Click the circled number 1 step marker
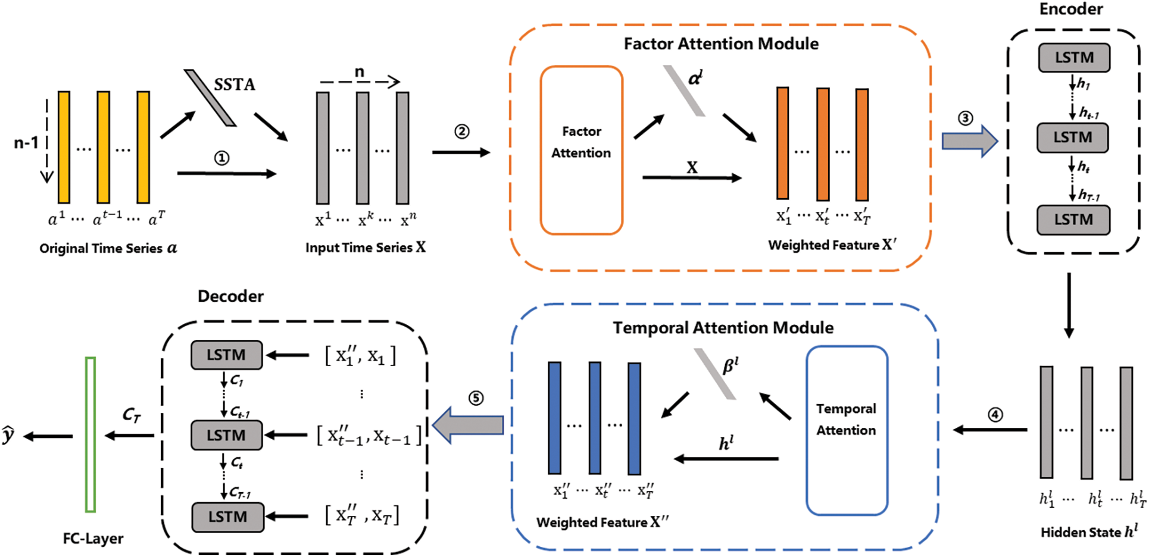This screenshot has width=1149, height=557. (221, 158)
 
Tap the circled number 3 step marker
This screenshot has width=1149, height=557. (965, 118)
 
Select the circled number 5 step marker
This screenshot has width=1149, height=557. (476, 398)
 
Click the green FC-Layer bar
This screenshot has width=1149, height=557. (90, 434)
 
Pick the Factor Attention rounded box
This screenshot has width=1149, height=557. (581, 150)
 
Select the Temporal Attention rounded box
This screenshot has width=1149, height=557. (847, 430)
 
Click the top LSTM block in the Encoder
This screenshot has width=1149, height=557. (1074, 58)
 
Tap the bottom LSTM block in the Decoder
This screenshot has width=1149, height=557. (227, 517)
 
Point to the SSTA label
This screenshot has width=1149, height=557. (235, 85)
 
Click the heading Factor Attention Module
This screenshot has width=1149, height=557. (721, 43)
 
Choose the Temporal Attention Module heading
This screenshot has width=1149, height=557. (723, 327)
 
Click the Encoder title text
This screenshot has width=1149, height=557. (1071, 9)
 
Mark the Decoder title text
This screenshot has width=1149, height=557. (230, 296)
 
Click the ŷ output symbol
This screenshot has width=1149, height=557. (8, 435)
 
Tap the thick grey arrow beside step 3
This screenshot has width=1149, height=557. (969, 141)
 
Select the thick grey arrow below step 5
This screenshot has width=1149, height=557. (468, 425)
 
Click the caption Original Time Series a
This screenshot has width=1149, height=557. (108, 248)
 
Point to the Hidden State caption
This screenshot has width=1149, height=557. (1089, 531)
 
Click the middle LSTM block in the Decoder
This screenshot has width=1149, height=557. (226, 435)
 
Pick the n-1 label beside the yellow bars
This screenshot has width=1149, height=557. (26, 143)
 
